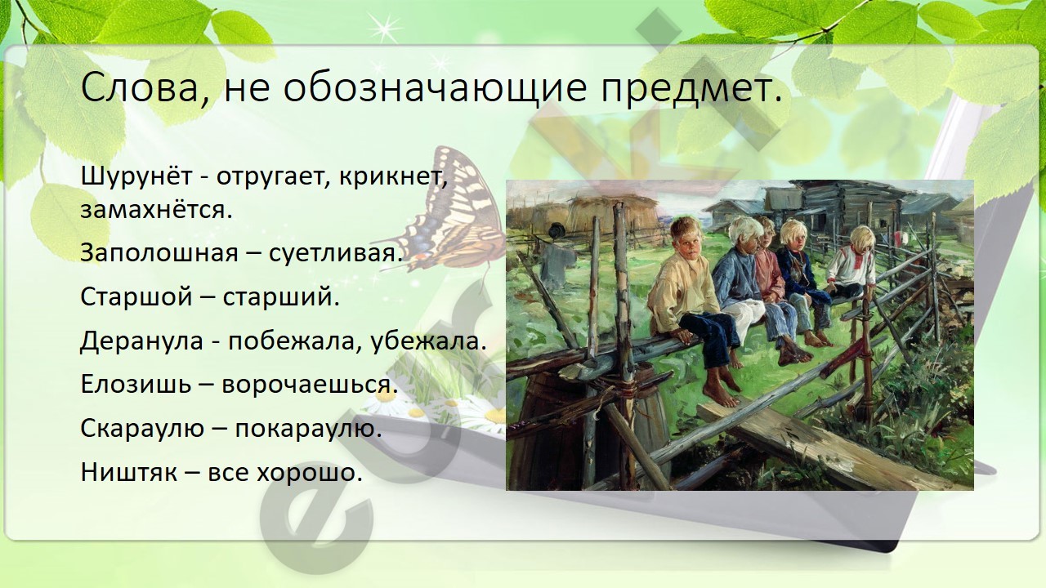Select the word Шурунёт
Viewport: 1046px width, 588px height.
(x=136, y=176)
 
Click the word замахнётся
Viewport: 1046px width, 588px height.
(x=156, y=210)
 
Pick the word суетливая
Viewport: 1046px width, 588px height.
(x=335, y=253)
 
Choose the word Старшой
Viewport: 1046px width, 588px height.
(x=136, y=296)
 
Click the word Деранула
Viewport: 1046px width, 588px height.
(x=142, y=341)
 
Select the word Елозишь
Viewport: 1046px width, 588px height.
(x=136, y=385)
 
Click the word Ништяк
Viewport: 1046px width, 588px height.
(x=129, y=472)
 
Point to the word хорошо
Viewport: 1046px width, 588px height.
(x=310, y=473)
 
